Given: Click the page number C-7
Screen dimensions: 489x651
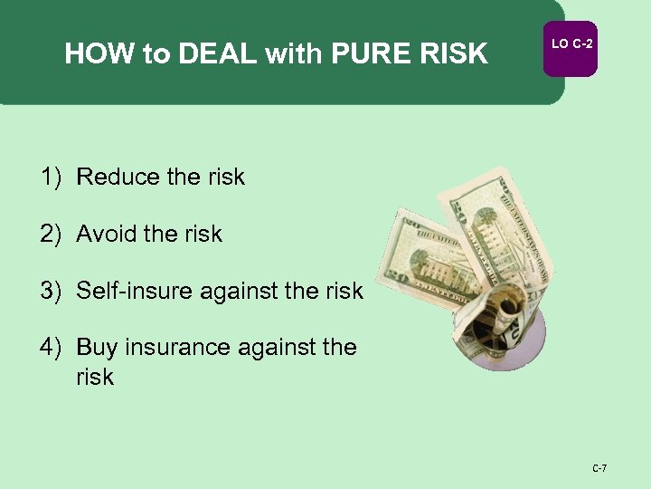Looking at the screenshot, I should pos(599,468).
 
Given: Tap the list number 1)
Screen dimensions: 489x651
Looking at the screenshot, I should pos(50,177).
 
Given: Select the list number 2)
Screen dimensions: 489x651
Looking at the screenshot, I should pos(50,234).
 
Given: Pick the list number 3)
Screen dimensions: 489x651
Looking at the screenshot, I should pos(50,291).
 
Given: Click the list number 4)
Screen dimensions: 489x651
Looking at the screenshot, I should pos(50,347).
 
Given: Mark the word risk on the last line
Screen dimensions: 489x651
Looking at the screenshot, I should pos(95,377).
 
